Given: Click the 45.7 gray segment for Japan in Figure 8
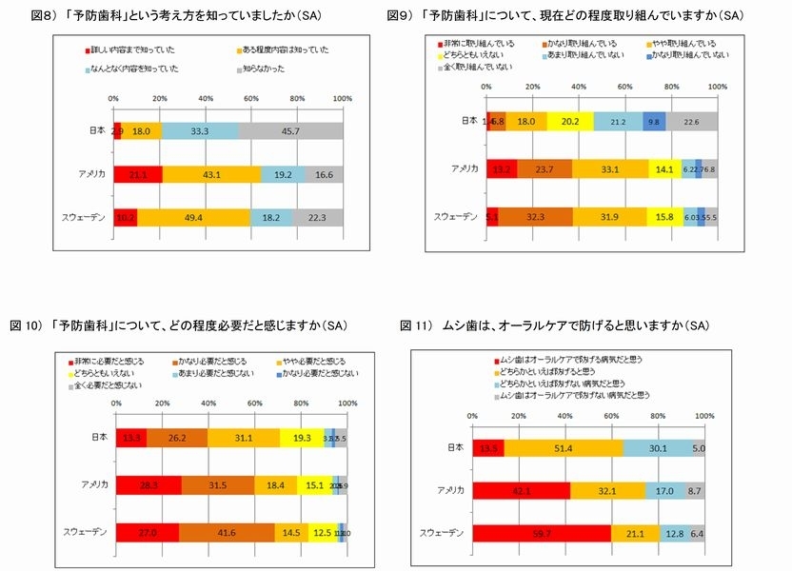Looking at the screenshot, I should pos(290,130).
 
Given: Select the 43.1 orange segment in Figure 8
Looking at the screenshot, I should pos(211,174).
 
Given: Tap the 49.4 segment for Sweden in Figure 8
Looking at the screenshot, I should pos(194,218).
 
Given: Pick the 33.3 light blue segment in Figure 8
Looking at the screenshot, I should pos(200,130).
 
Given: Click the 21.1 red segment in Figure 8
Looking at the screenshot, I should pos(137,174).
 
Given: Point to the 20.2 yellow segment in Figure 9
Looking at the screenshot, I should pos(570,121).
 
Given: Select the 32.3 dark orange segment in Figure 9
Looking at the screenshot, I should pos(535,216).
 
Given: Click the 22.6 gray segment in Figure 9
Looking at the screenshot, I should pos(692,121).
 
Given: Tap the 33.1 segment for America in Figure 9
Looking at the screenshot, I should pos(610,168).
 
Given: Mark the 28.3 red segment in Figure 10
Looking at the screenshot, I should pos(148,484).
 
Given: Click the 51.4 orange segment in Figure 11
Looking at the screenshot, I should pos(564,447).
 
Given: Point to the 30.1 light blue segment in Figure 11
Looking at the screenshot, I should pos(658,447).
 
